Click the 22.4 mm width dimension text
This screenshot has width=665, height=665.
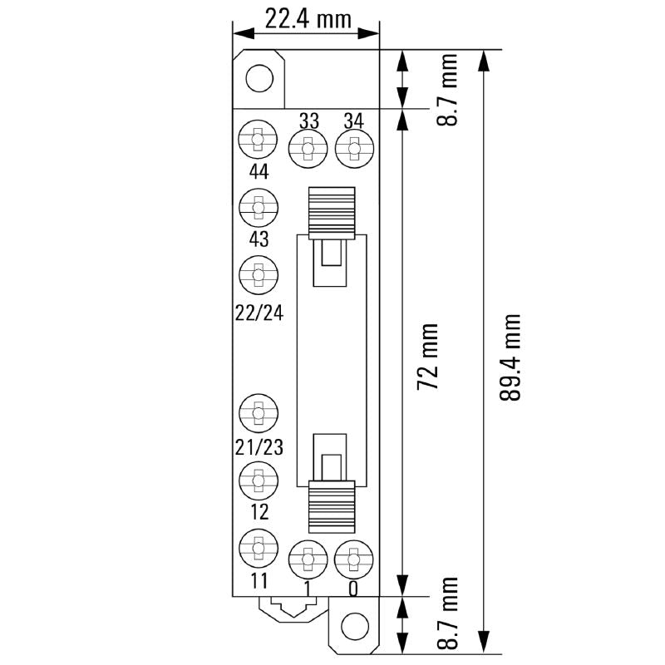(x=307, y=17)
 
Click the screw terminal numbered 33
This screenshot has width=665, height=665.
(x=308, y=150)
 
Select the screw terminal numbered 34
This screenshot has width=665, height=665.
(x=355, y=150)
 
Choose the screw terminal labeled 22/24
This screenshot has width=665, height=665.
(x=259, y=274)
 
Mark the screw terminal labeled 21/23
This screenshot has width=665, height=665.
(x=259, y=412)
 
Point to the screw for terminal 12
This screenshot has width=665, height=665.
(x=259, y=480)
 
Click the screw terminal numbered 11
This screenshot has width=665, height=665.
(x=259, y=548)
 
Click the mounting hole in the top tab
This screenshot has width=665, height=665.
(x=259, y=79)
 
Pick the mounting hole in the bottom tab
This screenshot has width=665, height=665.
(x=355, y=625)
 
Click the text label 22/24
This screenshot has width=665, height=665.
(x=259, y=312)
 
